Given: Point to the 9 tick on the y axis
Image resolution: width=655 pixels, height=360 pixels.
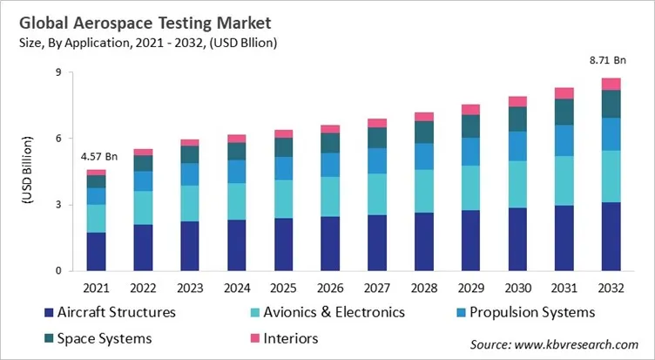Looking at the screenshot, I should (x=57, y=72).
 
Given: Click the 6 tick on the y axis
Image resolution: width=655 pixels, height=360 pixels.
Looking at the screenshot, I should (x=57, y=139).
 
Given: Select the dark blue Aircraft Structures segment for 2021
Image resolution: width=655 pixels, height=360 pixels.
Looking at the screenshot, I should (x=97, y=251).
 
